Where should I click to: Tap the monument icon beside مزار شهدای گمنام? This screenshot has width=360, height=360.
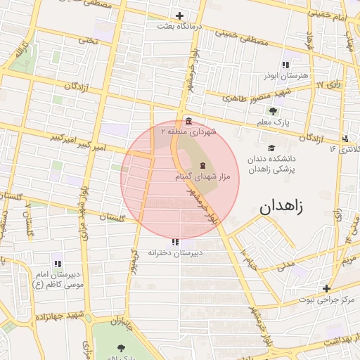click(x=194, y=165)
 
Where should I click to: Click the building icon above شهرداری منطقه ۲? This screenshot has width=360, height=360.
click(x=188, y=121)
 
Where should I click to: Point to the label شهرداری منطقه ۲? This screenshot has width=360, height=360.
click(x=189, y=131)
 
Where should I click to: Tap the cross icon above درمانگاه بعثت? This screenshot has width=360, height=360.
click(x=180, y=15)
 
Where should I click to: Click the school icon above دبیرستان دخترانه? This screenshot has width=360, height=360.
click(x=175, y=242)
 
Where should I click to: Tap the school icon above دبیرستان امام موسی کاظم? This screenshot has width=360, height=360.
click(x=57, y=264)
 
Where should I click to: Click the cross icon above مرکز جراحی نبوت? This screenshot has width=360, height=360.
click(x=326, y=288)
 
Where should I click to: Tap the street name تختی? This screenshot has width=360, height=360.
click(x=88, y=40)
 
